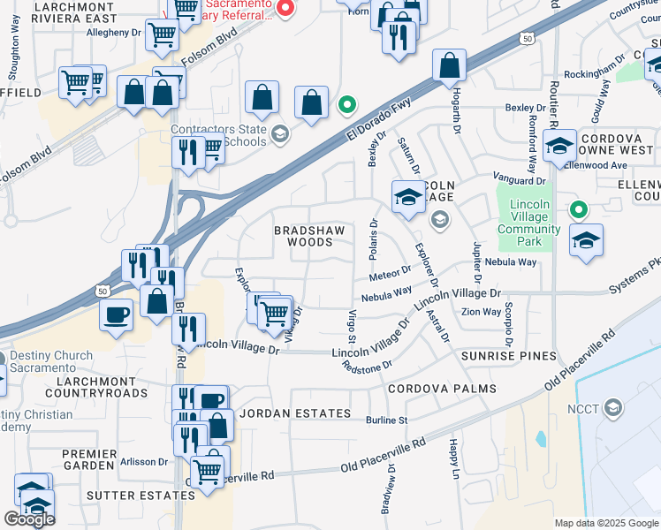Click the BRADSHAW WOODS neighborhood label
click(302, 235)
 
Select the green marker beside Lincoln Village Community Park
click(579, 210)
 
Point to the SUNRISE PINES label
click(508, 356)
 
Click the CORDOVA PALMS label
click(440, 389)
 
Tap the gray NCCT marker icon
click(612, 407)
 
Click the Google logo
click(29, 519)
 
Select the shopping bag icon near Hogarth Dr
click(449, 65)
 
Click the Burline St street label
click(386, 420)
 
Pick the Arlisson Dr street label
click(144, 461)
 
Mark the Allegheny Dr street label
click(114, 32)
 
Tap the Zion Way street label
click(482, 312)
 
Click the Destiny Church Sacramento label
click(51, 362)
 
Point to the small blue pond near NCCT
click(540, 439)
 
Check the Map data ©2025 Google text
click(606, 523)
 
